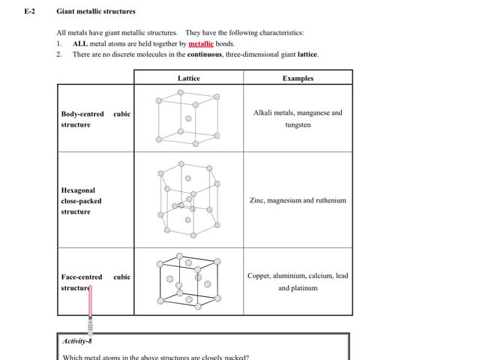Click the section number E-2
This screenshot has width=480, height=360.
30,12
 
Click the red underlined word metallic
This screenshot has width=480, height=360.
201,43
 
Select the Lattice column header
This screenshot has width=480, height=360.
188,78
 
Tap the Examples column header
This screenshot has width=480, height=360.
298,78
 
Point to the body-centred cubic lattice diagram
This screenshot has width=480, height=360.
187,118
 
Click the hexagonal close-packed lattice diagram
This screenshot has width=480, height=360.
188,199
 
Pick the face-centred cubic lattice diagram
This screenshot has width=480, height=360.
187,281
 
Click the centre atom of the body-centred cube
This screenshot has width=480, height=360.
188,118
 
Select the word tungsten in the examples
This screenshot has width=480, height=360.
298,125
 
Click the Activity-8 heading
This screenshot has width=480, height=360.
77,341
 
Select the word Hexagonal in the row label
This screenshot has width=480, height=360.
78,190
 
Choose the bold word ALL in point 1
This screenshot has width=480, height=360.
80,43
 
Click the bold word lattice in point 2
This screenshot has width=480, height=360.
307,54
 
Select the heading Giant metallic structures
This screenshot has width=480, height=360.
96,12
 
